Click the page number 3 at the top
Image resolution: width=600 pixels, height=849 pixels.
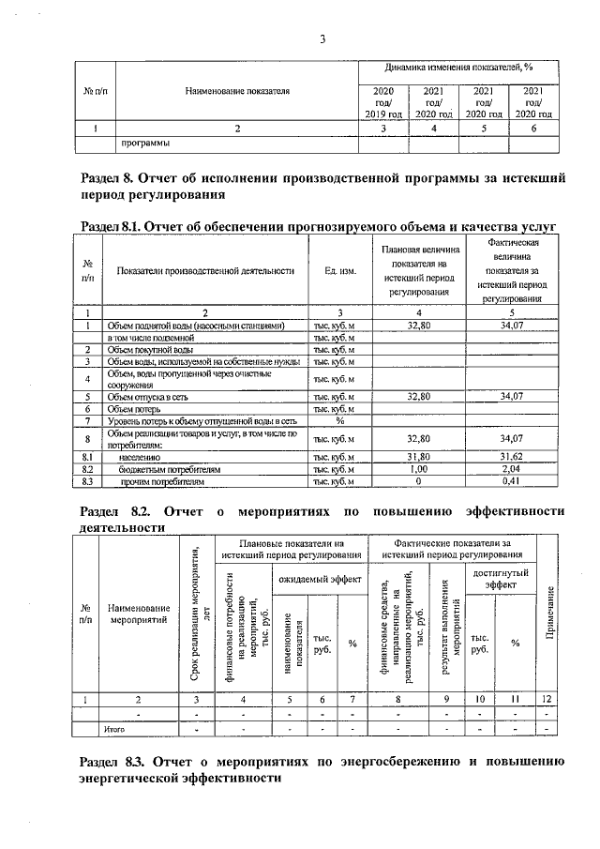click(322, 39)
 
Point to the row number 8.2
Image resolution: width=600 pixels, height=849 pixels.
click(86, 469)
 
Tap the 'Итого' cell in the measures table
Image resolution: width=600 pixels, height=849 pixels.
click(114, 728)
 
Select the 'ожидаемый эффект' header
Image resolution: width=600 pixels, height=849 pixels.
click(320, 581)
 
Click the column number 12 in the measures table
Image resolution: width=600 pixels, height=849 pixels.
click(547, 699)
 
